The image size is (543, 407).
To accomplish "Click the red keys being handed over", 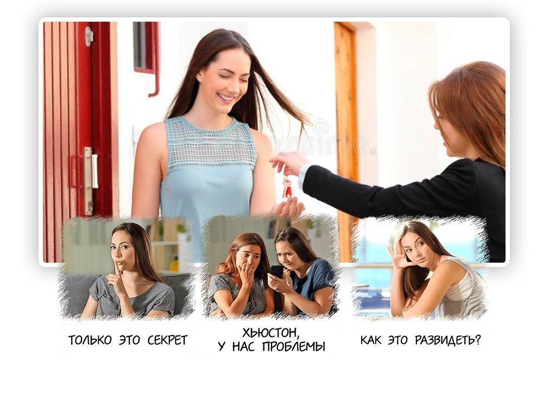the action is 287,187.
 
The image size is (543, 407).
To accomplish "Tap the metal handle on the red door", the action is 89,180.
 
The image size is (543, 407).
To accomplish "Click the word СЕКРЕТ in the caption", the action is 167,341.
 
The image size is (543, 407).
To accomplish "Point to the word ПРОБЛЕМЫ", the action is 294,347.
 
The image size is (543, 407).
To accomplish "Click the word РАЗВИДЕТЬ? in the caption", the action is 448,341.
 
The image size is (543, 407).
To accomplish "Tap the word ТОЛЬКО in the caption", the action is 90,341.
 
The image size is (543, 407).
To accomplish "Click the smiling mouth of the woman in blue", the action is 226,98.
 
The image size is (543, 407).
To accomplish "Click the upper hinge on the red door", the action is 89,36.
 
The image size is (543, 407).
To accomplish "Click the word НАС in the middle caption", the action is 243,347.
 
